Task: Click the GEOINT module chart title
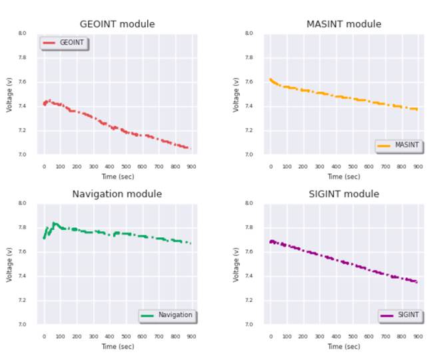[117, 24]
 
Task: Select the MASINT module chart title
[344, 24]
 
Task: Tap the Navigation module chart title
[117, 194]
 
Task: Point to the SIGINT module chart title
[344, 194]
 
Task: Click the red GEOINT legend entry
[64, 43]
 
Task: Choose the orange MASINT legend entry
[398, 145]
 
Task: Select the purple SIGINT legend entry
[400, 315]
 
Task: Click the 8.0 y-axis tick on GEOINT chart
[23, 33]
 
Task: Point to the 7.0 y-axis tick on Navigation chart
[23, 325]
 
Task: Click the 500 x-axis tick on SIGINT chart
[352, 337]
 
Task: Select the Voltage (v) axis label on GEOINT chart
[10, 94]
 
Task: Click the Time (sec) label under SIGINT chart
[344, 347]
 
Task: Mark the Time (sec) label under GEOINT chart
[117, 177]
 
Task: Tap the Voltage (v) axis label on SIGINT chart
[236, 264]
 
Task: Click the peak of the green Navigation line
[54, 223]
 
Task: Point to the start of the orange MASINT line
[270, 79]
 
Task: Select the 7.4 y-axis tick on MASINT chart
[249, 106]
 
